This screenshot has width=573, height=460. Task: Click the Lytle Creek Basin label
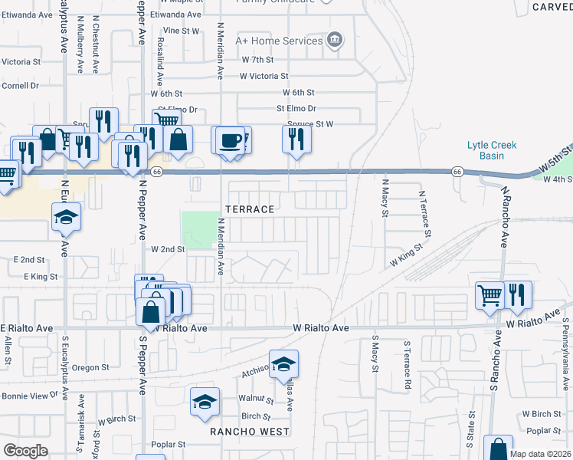493,150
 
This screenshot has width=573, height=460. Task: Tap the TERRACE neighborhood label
249,209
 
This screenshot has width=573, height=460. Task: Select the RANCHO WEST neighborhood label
250,432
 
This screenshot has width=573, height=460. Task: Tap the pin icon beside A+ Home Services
334,41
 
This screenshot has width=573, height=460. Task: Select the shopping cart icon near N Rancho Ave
489,294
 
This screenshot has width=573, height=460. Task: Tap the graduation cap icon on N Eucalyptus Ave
66,218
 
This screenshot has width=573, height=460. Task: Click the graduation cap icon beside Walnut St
204,402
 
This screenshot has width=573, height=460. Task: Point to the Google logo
25,450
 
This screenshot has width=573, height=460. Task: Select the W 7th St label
257,59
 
